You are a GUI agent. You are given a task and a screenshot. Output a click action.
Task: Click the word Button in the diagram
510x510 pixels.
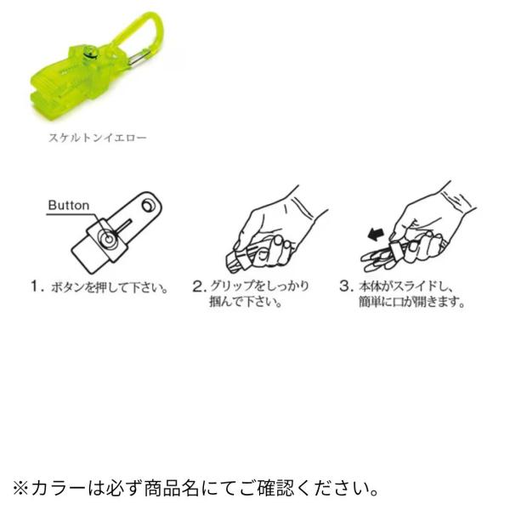tap(68, 205)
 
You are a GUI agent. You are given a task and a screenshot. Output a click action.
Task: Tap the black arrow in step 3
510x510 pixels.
tap(377, 235)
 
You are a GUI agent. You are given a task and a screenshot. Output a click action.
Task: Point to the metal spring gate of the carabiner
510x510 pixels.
tap(138, 58)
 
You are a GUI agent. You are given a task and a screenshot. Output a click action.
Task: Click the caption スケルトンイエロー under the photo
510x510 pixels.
tap(98, 138)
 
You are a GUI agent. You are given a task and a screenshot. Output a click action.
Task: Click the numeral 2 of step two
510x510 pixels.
tap(197, 286)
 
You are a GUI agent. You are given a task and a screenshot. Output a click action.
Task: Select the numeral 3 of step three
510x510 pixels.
tap(345, 286)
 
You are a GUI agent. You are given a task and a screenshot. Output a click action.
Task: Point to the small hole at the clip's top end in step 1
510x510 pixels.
tap(148, 205)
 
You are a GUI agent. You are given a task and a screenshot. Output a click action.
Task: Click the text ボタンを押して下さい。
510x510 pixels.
tap(110, 287)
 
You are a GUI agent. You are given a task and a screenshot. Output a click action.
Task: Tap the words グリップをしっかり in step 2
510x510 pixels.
tap(259, 286)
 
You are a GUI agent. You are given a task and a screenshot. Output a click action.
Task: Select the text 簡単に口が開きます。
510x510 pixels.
tap(411, 302)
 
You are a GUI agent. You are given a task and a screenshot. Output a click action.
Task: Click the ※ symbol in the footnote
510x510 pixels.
tap(20, 490)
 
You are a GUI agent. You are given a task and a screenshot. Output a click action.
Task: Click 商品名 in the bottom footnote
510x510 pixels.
tap(172, 489)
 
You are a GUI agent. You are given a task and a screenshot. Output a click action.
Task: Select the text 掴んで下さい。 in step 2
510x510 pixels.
tap(246, 302)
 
